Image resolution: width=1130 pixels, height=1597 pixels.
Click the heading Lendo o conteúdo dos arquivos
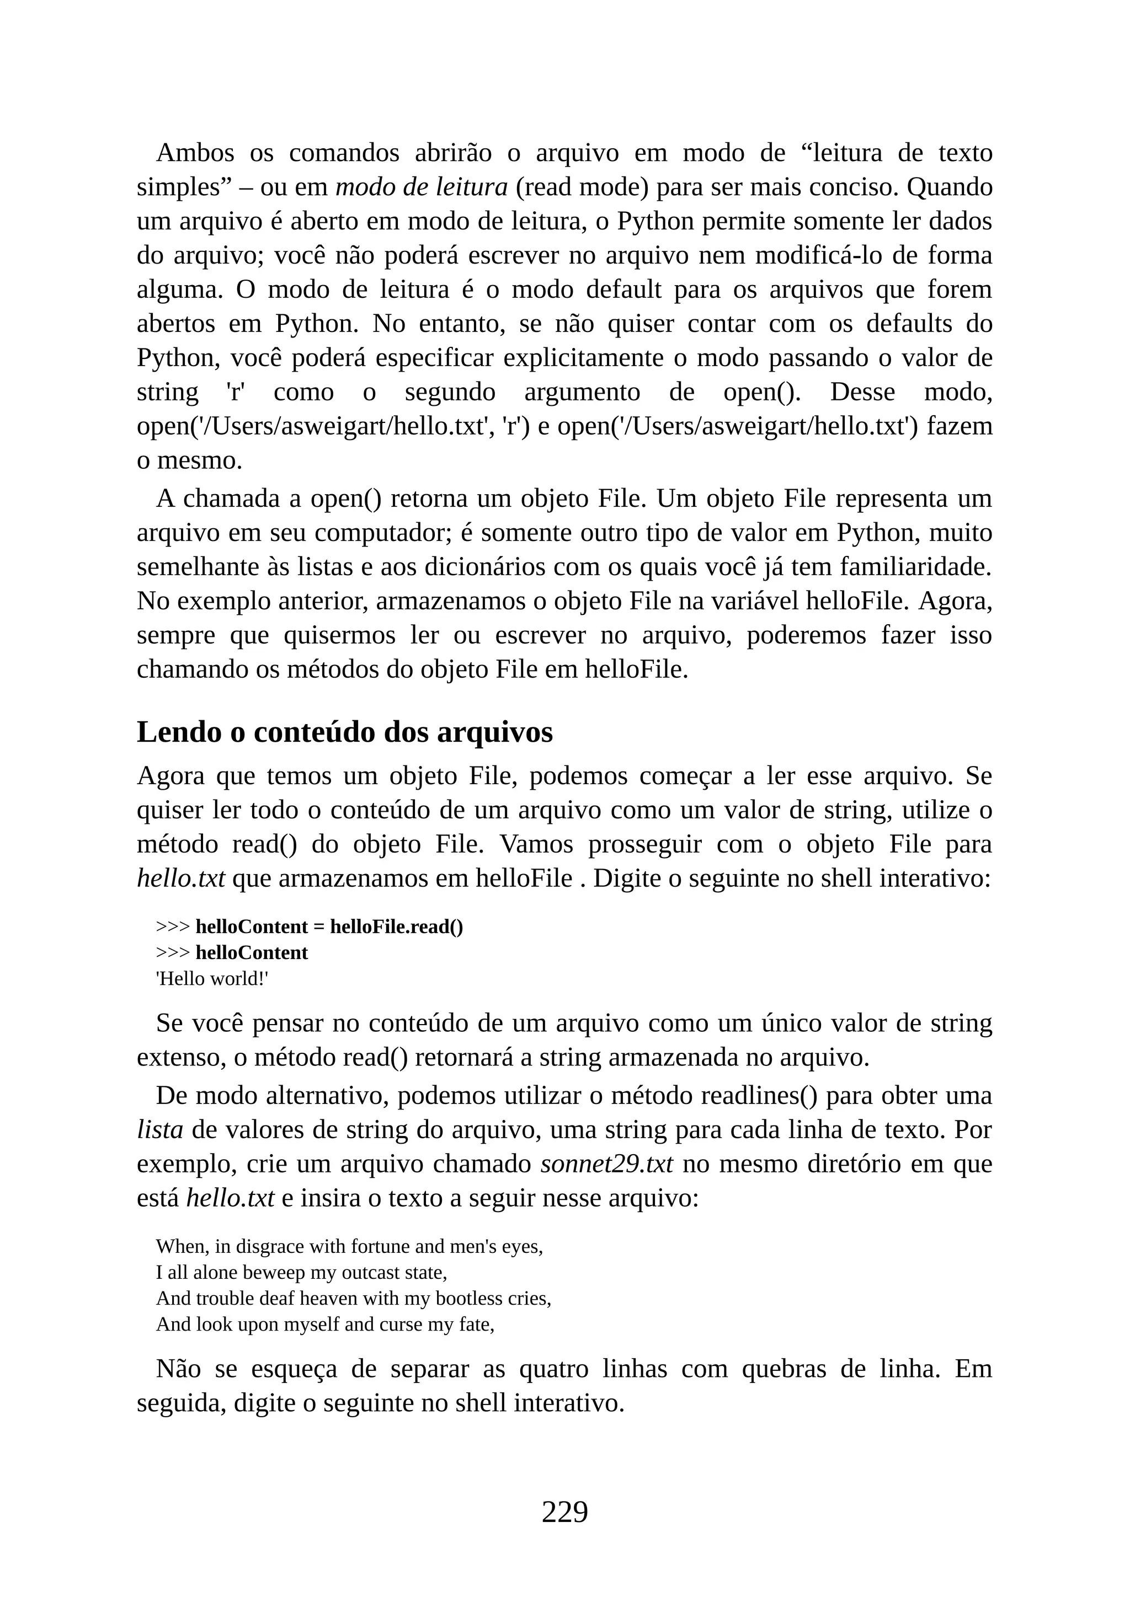click(344, 732)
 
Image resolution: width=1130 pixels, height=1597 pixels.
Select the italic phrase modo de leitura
click(421, 187)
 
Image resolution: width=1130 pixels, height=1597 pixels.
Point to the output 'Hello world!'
click(212, 979)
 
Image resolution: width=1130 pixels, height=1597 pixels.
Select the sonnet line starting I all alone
click(301, 1273)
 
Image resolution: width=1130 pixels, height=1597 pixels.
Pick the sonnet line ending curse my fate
click(325, 1325)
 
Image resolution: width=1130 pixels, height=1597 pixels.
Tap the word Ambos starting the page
click(195, 153)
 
